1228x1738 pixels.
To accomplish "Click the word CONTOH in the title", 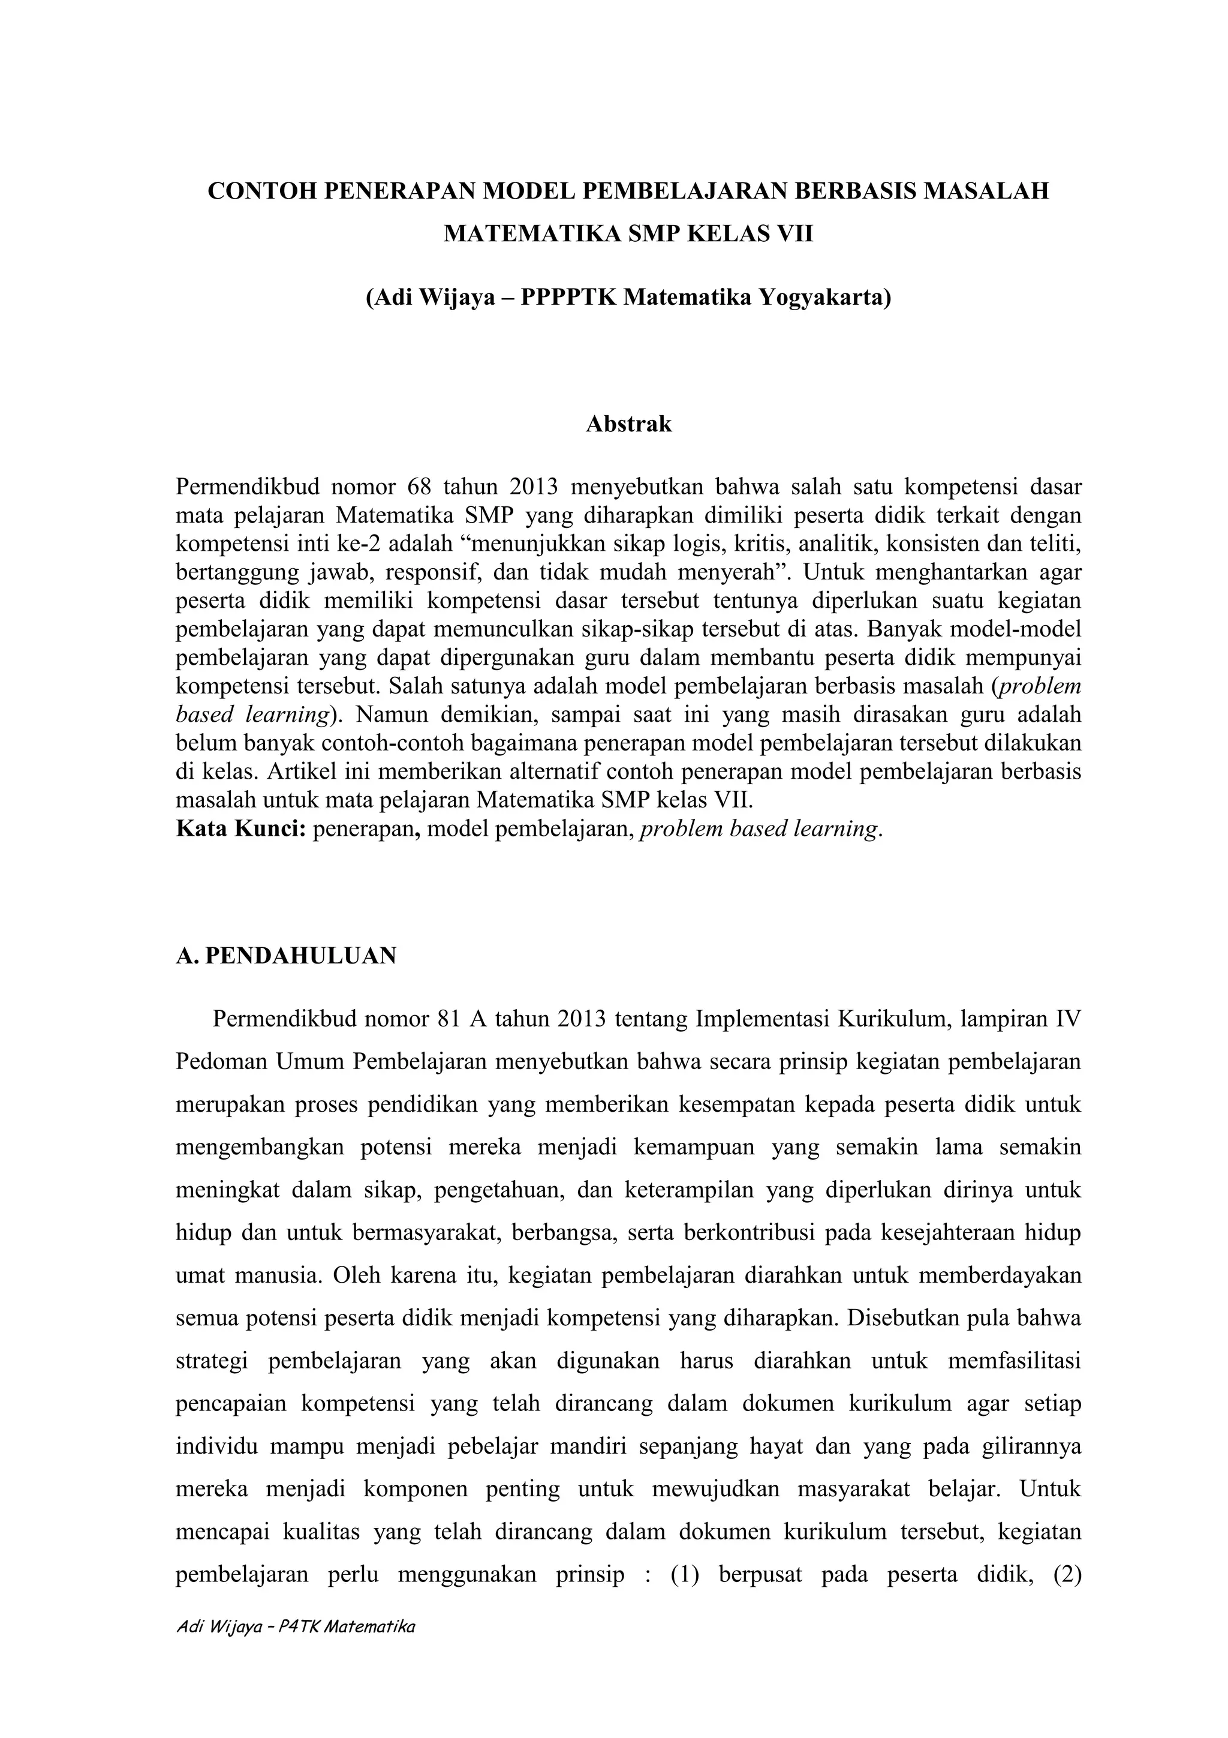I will (x=260, y=191).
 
